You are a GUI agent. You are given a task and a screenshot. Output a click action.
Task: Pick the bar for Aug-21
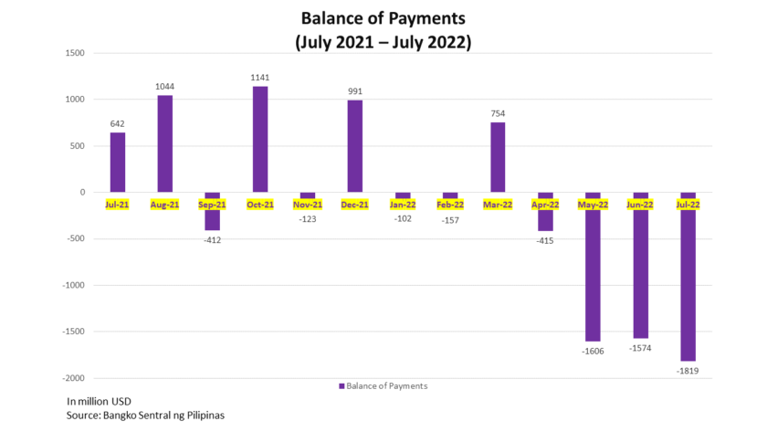click(x=165, y=143)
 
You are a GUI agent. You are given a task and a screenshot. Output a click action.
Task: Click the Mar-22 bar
click(x=498, y=157)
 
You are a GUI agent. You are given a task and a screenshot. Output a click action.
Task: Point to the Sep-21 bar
click(x=213, y=211)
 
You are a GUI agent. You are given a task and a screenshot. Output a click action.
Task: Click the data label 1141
click(x=260, y=78)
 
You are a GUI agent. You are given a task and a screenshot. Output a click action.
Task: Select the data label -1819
click(x=688, y=370)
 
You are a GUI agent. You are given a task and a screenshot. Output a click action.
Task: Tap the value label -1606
click(x=593, y=351)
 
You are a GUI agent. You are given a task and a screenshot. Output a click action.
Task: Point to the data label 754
click(x=498, y=114)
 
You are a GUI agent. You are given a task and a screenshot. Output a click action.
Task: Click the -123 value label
click(x=308, y=219)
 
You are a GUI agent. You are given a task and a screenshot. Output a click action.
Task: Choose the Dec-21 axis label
click(x=354, y=205)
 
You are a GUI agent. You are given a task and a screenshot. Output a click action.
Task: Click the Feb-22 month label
click(x=450, y=205)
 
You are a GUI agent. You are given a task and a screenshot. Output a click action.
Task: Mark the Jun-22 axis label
click(x=640, y=205)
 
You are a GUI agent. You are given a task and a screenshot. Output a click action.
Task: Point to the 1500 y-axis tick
click(x=74, y=53)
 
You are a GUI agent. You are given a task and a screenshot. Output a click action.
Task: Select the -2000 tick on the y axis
click(x=72, y=378)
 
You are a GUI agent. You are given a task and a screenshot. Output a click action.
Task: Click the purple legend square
click(x=342, y=386)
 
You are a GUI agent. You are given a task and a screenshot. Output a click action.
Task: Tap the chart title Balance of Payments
click(x=383, y=17)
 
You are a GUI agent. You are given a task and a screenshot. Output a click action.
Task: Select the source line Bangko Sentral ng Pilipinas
click(x=145, y=416)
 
